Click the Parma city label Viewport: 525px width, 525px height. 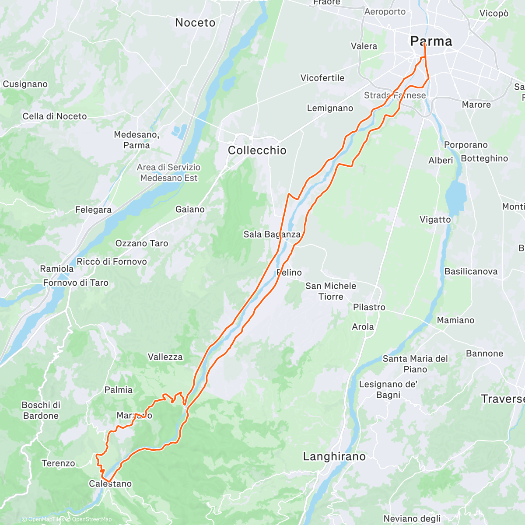tap(431, 42)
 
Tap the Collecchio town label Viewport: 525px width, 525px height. tap(257, 150)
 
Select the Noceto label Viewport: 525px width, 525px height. tap(195, 23)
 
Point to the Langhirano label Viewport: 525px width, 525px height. tap(334, 457)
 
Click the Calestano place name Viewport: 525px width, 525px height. tap(110, 483)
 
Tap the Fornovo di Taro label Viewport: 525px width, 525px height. tap(76, 283)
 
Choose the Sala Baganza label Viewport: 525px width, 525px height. tap(272, 234)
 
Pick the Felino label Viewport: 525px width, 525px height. tap(290, 273)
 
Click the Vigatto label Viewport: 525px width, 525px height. tap(435, 220)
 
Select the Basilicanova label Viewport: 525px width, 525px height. tap(471, 271)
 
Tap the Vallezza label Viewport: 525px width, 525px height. tap(165, 357)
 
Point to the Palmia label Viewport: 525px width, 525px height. tap(118, 390)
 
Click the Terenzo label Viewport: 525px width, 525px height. tap(58, 463)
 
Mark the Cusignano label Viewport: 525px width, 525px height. tap(25, 84)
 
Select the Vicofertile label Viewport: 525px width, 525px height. tap(322, 78)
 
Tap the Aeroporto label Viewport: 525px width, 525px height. tap(385, 12)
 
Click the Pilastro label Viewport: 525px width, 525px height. tap(369, 307)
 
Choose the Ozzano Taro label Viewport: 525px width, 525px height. tap(142, 243)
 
